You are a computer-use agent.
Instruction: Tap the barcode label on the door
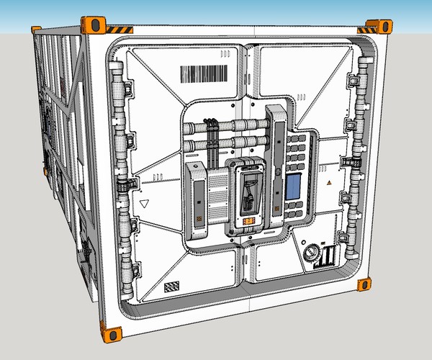pos(202,74)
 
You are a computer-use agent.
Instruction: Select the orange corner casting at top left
pos(94,24)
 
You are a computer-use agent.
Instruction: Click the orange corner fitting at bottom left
pos(112,333)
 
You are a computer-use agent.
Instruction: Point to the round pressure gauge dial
pos(312,253)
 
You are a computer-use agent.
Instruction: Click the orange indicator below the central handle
pos(248,221)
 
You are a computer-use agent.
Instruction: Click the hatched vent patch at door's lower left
pos(171,287)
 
